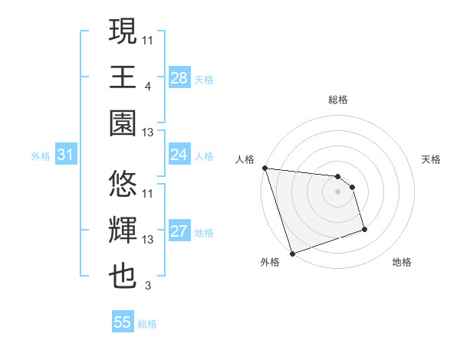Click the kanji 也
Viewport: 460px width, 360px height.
(123, 277)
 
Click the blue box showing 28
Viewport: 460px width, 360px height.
(179, 77)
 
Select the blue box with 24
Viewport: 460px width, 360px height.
(179, 155)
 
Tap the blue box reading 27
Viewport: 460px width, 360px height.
(179, 231)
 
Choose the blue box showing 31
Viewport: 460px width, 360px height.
(66, 155)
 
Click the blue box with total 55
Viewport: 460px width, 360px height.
(123, 322)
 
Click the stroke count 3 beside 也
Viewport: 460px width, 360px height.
(146, 286)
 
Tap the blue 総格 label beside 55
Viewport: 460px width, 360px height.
(147, 324)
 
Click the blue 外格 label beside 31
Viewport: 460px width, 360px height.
(41, 156)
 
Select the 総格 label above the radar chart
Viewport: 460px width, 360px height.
(338, 100)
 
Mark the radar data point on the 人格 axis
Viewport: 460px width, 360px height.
(264, 168)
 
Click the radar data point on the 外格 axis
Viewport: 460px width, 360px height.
(292, 253)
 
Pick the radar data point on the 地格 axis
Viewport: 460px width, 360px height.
(364, 229)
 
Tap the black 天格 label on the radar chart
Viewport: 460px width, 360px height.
(432, 159)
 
